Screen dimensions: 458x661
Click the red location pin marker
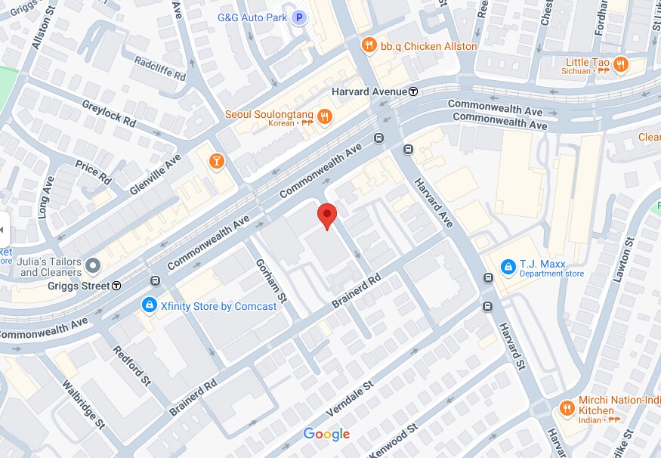[326, 215]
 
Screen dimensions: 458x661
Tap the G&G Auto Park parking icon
[300, 17]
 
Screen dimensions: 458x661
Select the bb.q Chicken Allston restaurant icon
[369, 45]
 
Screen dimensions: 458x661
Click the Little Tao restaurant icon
[620, 63]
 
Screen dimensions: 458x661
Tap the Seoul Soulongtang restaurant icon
[324, 116]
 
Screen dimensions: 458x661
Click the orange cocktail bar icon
[217, 160]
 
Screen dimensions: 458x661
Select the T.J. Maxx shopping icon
[508, 265]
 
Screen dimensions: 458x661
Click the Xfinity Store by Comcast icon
[150, 305]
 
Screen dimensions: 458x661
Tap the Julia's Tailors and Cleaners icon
[93, 266]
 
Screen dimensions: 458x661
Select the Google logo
[326, 434]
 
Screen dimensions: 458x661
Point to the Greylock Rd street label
[108, 113]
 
